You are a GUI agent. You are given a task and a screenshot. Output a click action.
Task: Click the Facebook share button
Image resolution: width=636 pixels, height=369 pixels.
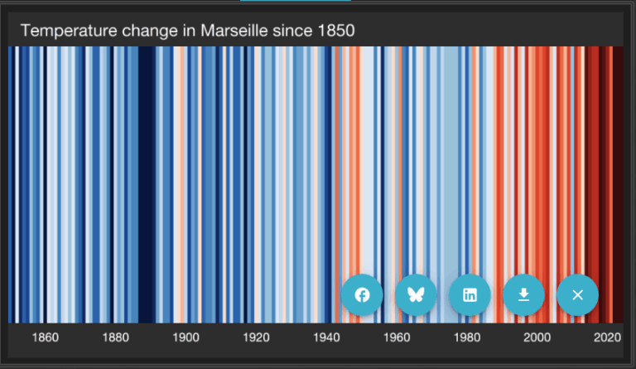(x=362, y=295)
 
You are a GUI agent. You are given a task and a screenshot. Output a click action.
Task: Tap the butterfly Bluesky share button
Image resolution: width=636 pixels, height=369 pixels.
(x=416, y=295)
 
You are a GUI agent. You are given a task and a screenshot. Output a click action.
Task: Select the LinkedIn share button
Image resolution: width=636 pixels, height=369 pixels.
(x=470, y=295)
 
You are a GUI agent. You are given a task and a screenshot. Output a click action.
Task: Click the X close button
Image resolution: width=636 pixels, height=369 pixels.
(x=577, y=295)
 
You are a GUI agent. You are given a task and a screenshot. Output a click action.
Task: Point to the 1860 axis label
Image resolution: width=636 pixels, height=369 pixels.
(x=45, y=337)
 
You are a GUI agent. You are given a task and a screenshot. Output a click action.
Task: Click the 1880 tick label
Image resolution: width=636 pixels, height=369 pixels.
(x=115, y=337)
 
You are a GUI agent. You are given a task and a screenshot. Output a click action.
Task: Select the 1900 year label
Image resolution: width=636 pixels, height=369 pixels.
(x=185, y=337)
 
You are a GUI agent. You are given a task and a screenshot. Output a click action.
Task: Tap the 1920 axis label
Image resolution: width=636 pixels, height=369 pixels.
(x=257, y=337)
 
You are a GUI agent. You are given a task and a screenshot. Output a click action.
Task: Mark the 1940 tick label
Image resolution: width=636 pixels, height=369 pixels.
(x=327, y=337)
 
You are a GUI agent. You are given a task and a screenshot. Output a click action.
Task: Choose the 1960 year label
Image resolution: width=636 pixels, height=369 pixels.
(x=397, y=337)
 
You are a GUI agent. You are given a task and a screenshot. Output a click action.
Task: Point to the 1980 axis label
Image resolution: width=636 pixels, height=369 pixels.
(x=468, y=337)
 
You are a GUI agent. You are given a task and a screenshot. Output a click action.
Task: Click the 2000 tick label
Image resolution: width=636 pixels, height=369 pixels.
(x=537, y=337)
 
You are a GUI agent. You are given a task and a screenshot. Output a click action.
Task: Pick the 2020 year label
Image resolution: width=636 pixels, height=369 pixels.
(x=608, y=337)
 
